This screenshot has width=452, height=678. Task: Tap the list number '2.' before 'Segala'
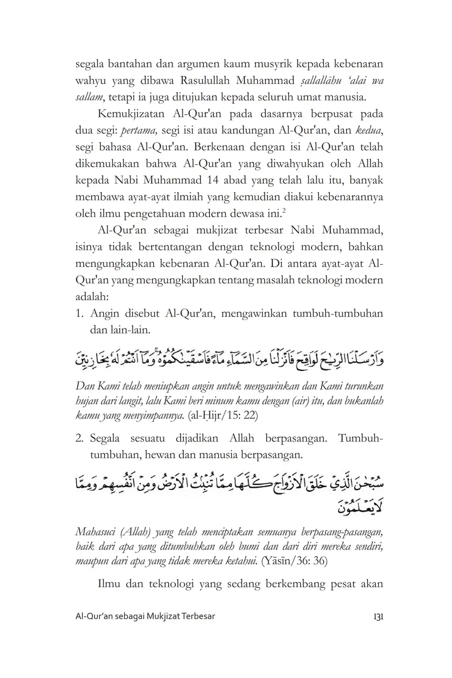click(80, 438)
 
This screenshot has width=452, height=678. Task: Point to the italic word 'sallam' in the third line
click(85, 97)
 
